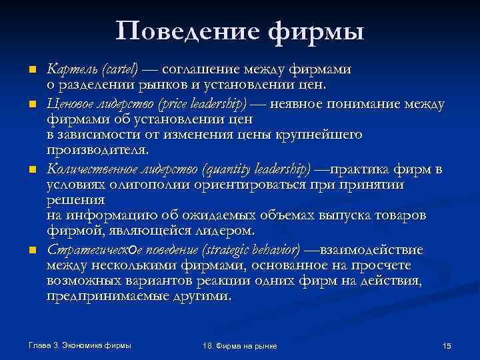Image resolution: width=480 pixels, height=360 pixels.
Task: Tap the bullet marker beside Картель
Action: click(31, 69)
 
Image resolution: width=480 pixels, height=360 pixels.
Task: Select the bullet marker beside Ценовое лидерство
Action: click(31, 105)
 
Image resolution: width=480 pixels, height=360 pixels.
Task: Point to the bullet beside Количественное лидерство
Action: click(31, 169)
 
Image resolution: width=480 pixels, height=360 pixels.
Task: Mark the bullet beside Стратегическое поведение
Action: click(31, 250)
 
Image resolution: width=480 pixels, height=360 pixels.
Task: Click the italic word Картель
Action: click(67, 68)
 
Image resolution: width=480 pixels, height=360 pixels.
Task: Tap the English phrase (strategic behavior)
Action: click(247, 250)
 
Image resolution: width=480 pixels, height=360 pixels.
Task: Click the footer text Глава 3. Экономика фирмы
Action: click(80, 345)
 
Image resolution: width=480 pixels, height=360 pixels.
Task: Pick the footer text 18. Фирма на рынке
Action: click(239, 346)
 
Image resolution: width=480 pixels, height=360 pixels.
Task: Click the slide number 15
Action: click(447, 345)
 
